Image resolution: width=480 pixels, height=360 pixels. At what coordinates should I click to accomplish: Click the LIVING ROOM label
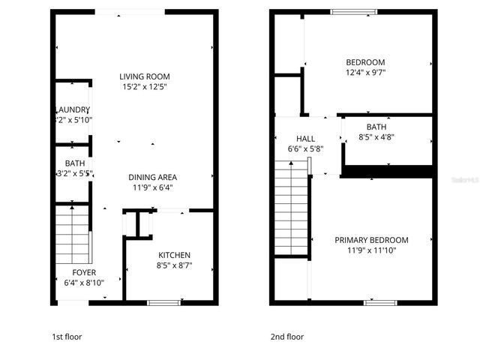(145, 76)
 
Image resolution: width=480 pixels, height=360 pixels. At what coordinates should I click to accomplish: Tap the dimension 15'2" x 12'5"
(145, 87)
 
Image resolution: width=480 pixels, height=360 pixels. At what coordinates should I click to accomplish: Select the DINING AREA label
(152, 177)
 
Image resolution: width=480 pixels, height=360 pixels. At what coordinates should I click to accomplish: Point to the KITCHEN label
(174, 255)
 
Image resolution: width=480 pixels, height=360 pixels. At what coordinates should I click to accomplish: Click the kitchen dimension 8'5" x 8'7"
(174, 265)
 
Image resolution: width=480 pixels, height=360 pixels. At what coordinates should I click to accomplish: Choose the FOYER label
(84, 272)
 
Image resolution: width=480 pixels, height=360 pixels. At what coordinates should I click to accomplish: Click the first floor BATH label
(75, 163)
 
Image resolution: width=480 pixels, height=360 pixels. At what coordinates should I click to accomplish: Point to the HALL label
(305, 139)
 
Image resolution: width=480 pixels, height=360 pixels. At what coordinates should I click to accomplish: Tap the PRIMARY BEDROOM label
(371, 240)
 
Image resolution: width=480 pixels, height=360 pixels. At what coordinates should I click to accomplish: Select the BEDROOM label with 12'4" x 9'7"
(365, 62)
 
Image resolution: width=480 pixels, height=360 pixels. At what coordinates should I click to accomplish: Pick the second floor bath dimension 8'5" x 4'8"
(376, 137)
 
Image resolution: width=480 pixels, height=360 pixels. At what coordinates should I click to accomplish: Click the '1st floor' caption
(66, 337)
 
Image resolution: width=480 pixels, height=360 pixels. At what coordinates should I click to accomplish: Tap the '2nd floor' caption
(287, 337)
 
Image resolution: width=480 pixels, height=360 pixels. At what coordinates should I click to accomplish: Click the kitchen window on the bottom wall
(163, 302)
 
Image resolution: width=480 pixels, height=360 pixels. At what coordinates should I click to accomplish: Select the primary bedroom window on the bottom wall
(379, 302)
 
